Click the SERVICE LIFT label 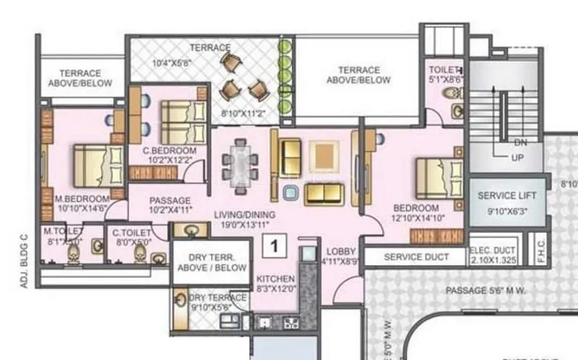(506, 196)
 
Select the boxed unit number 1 (275, 246)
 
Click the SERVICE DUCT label (415, 257)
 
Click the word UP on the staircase (517, 157)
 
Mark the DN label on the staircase (519, 142)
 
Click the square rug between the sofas (322, 155)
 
